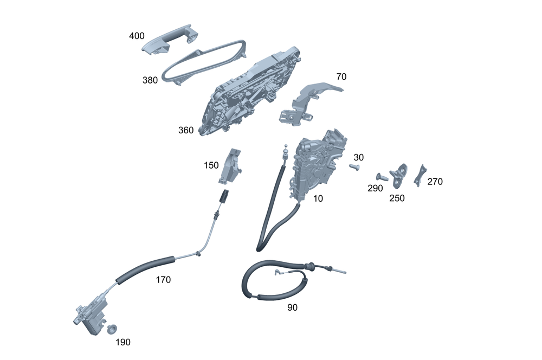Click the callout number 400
click(137, 36)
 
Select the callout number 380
click(150, 80)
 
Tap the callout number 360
click(186, 130)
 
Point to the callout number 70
click(341, 77)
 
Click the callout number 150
click(211, 165)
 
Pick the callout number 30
click(358, 157)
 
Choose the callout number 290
click(375, 188)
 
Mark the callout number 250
click(397, 198)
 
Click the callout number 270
click(435, 182)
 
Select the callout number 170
click(163, 280)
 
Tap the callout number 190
click(122, 342)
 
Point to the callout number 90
click(292, 307)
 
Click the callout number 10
click(318, 198)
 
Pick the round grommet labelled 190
click(113, 329)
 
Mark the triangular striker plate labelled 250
click(400, 173)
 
